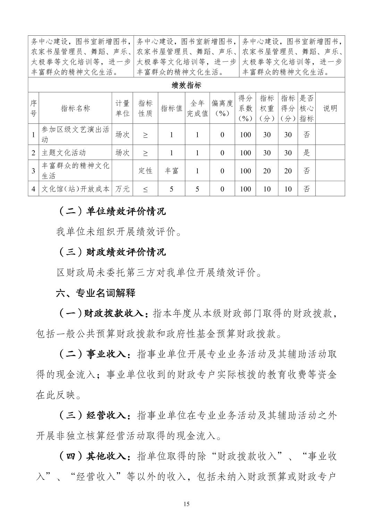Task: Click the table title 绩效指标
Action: [x=186, y=85]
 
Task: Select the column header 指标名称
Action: [x=75, y=108]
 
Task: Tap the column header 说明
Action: [x=330, y=108]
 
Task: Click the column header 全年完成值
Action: [x=197, y=108]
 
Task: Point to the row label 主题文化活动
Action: [x=63, y=153]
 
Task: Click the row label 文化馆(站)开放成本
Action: [x=75, y=189]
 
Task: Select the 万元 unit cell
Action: [x=122, y=189]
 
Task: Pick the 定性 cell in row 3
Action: [x=145, y=171]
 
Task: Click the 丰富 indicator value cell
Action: [x=171, y=171]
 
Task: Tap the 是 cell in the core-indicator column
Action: [x=307, y=153]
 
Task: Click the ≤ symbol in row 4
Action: [x=145, y=189]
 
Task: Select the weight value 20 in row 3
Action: [x=267, y=171]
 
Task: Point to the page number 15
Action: [x=186, y=504]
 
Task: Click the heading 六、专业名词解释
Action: [x=96, y=293]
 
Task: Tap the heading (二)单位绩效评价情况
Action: [x=111, y=211]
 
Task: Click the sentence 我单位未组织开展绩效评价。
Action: [x=119, y=232]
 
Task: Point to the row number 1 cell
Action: [x=33, y=135]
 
